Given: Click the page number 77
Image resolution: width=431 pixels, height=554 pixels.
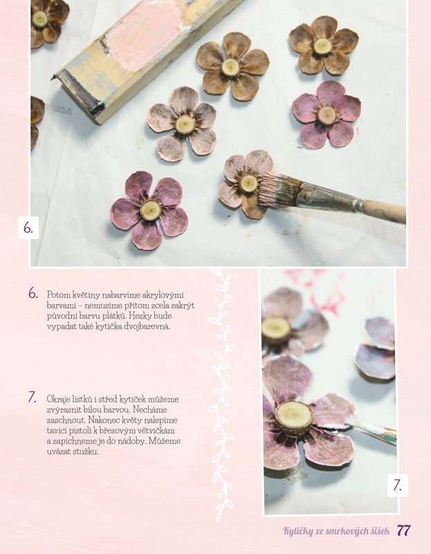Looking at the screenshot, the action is pyautogui.click(x=404, y=530).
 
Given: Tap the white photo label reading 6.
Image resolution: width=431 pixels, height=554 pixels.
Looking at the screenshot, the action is pyautogui.click(x=28, y=228).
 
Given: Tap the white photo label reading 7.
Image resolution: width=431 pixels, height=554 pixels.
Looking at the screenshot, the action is pyautogui.click(x=398, y=485).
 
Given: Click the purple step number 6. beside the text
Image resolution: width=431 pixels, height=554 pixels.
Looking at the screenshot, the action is pyautogui.click(x=33, y=293).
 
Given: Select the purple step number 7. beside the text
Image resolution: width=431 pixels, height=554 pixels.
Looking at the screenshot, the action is pyautogui.click(x=33, y=397).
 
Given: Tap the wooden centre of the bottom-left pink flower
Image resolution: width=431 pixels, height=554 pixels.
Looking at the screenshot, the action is pyautogui.click(x=150, y=210).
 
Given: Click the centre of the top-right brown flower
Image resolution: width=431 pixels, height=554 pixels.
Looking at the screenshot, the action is pyautogui.click(x=322, y=46).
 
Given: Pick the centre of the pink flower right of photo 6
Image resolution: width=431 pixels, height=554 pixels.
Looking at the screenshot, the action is pyautogui.click(x=327, y=115).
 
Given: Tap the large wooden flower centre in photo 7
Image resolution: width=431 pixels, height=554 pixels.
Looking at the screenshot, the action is pyautogui.click(x=294, y=418).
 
